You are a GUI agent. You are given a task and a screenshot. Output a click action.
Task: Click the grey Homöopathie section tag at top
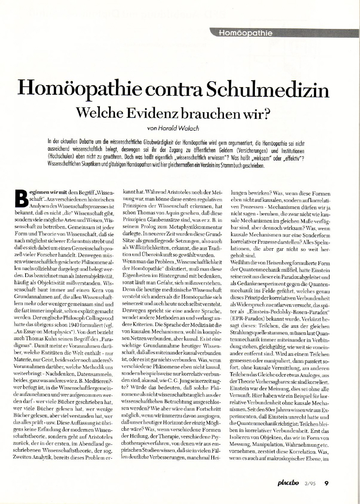click(x=247, y=32)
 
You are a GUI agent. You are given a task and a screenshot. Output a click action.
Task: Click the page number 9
click(x=326, y=483)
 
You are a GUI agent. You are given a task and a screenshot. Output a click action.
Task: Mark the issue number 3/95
click(x=309, y=483)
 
